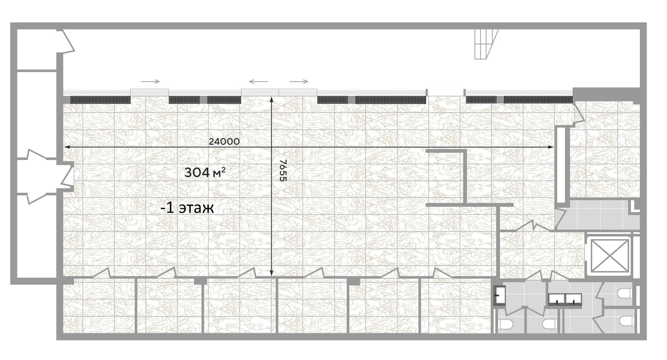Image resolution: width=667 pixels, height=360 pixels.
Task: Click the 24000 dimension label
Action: click(224, 141)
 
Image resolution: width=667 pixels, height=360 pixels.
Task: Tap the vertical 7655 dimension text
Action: click(283, 170)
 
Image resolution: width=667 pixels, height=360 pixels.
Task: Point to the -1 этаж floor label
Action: click(187, 208)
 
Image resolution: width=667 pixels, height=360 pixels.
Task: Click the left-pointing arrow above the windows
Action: click(258, 82)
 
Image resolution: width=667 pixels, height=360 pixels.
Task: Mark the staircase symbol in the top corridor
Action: click(486, 44)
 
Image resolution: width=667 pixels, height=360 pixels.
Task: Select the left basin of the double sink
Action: click(557, 298)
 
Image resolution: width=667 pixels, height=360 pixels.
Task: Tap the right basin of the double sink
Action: click(574, 298)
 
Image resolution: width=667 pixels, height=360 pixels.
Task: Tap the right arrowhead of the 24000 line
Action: click(551, 148)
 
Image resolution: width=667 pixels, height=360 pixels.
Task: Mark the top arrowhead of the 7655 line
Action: click(271, 100)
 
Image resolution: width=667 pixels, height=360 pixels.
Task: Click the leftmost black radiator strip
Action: click(100, 100)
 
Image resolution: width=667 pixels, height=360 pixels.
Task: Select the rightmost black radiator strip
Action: click(538, 100)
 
